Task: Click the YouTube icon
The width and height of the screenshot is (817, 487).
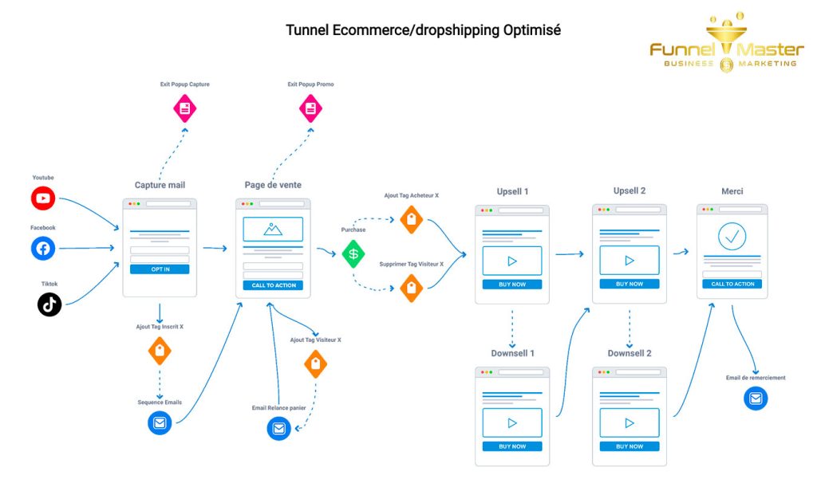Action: click(x=43, y=198)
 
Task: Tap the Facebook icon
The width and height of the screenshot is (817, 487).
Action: click(x=43, y=249)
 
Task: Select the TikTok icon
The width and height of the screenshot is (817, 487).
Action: click(x=49, y=304)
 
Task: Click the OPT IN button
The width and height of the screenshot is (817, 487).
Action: click(x=160, y=269)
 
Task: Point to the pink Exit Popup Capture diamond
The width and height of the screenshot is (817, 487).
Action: click(x=185, y=108)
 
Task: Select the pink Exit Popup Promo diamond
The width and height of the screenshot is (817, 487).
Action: click(x=310, y=108)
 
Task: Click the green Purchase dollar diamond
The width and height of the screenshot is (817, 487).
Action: click(x=353, y=253)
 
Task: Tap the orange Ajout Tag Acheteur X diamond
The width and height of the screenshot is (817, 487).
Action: click(x=411, y=219)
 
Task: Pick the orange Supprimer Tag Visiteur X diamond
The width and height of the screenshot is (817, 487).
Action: click(x=411, y=288)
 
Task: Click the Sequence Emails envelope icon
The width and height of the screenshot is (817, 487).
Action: click(x=160, y=422)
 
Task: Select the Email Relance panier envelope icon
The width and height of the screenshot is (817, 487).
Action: click(x=278, y=429)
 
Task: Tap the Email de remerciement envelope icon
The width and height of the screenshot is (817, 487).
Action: click(x=756, y=398)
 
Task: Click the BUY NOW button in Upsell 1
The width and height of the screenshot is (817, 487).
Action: click(x=511, y=285)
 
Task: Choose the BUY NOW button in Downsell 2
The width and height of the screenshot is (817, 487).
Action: click(x=629, y=446)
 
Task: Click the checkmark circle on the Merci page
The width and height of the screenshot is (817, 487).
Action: click(x=732, y=236)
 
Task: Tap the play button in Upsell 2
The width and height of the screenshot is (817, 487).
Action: click(x=629, y=261)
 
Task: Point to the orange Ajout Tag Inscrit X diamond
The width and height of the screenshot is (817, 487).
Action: click(x=160, y=351)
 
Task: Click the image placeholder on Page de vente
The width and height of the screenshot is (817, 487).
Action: click(x=273, y=230)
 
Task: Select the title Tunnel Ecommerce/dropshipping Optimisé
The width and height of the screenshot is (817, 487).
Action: click(x=424, y=30)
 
